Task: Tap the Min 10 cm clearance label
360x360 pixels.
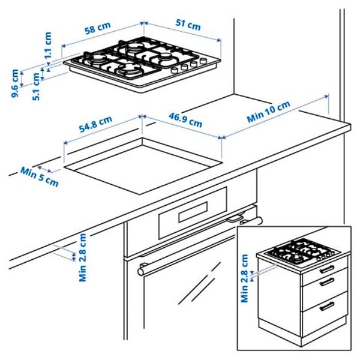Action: (x=269, y=112)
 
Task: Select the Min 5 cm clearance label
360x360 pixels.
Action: (x=40, y=176)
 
